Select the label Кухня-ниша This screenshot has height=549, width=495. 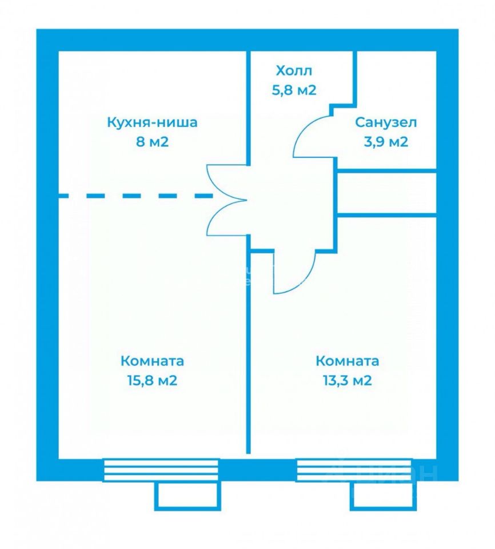[x=152, y=122]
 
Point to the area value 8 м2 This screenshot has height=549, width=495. [x=152, y=141]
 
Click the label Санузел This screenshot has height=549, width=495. [x=386, y=122]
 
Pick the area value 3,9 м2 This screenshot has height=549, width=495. [x=386, y=141]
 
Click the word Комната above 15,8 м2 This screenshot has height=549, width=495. [x=152, y=361]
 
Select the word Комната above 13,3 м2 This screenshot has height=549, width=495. [x=347, y=361]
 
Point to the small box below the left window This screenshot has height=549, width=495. [x=186, y=495]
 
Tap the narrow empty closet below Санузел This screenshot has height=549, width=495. [x=386, y=193]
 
